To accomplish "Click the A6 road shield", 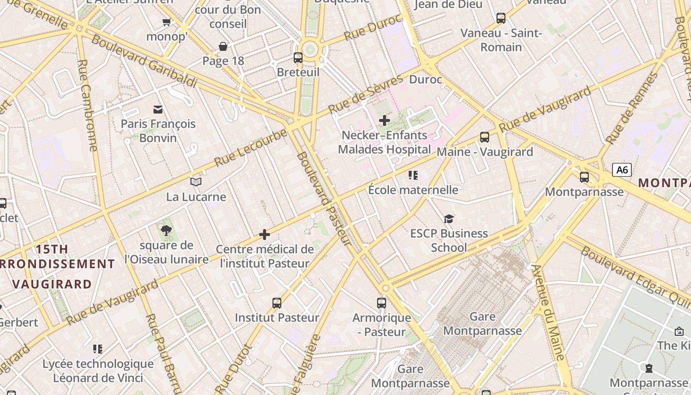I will click(x=622, y=170).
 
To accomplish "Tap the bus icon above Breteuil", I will click(x=298, y=57).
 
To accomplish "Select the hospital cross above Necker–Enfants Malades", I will click(x=384, y=120).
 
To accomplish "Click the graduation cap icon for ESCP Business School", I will click(x=449, y=218).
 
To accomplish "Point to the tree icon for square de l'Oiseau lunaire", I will click(x=166, y=230).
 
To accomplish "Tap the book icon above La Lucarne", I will click(x=196, y=182).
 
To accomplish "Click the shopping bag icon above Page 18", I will click(x=223, y=46).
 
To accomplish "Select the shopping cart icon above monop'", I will click(x=166, y=22).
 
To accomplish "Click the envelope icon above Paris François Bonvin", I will click(x=158, y=109).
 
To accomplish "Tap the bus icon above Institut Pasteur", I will click(x=277, y=303).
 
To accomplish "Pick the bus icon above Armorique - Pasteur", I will click(x=382, y=303).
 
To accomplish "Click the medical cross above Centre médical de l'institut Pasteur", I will click(x=265, y=234).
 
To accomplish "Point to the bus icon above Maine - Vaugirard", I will click(x=485, y=137).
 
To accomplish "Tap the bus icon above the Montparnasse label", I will click(x=584, y=177).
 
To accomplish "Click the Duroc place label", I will click(x=425, y=79).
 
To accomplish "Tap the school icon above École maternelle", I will click(x=413, y=175).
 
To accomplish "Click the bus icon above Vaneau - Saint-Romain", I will click(x=501, y=18).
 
